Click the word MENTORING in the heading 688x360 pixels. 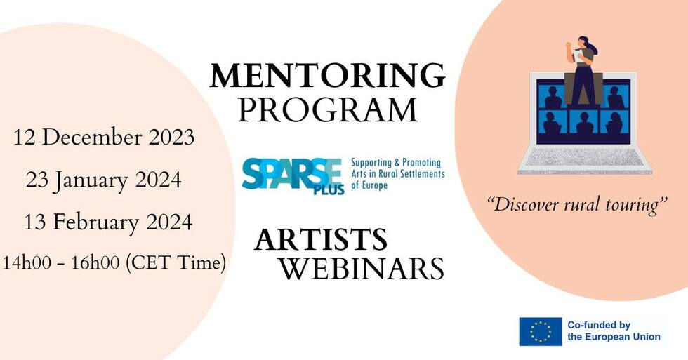pos(327,75)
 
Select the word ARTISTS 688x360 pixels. pos(321,239)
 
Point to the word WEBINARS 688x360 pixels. pos(362,268)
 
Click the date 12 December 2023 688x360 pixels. pos(104,138)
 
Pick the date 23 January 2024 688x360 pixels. pos(104,180)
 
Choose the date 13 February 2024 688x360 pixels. pos(108,222)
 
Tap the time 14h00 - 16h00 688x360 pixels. pos(61,262)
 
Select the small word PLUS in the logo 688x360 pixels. pos(329,189)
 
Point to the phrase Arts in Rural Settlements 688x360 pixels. pos(398,173)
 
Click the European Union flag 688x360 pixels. pos(540,331)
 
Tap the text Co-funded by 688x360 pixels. pos(598,326)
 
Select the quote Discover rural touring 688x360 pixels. pos(577,205)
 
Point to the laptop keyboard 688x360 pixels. pos(585,156)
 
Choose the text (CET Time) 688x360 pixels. pos(176,262)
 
